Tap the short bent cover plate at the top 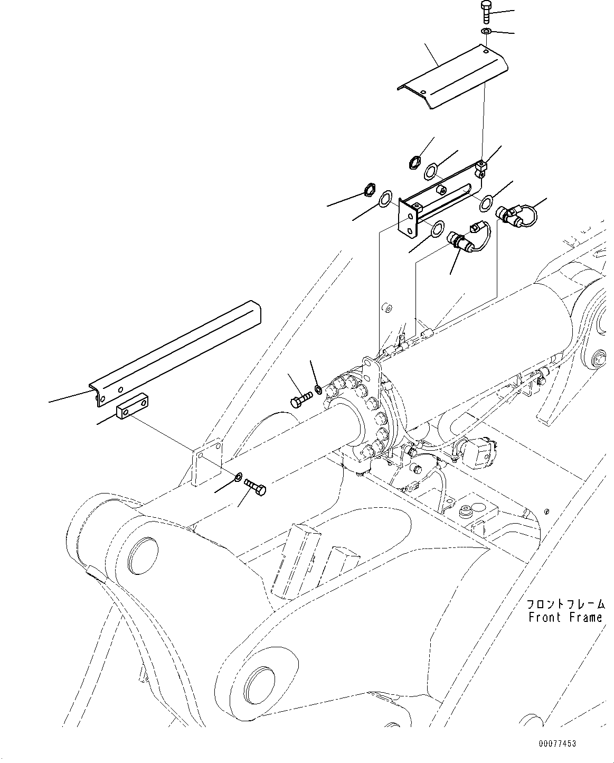pos(453,77)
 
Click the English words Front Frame pos(565,617)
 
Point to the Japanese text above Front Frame pos(565,604)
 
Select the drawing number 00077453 pos(557,743)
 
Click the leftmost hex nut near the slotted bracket pos(369,190)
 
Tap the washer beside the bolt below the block pos(239,477)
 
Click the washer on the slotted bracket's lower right pos(487,201)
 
